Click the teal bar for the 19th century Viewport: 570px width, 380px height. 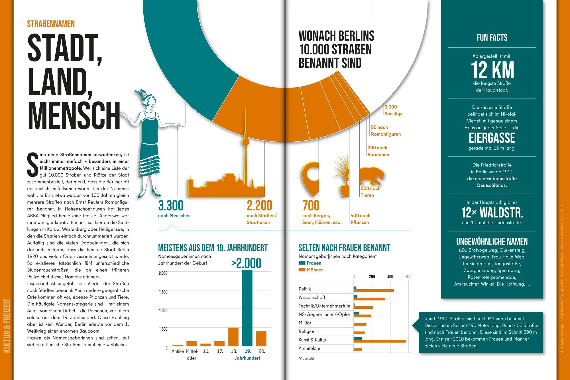[x=247, y=308]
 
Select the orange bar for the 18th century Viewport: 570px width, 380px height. [x=233, y=337]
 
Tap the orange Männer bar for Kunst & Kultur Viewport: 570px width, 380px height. [x=379, y=341]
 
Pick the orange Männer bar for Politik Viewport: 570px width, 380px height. [x=374, y=291]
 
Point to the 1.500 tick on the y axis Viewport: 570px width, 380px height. [x=163, y=292]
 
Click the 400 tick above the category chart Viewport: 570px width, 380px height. [x=390, y=277]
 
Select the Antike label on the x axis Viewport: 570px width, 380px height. [x=177, y=351]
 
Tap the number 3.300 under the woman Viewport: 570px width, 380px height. [x=171, y=206]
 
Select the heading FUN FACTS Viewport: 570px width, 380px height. [x=492, y=37]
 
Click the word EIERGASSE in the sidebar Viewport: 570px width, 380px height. [x=492, y=138]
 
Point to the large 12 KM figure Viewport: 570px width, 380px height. [x=492, y=70]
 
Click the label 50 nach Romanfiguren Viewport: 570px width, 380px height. [x=386, y=131]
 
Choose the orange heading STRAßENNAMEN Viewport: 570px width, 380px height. [x=51, y=24]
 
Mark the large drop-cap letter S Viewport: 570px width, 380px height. [x=33, y=165]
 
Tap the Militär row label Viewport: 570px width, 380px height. [x=305, y=323]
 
